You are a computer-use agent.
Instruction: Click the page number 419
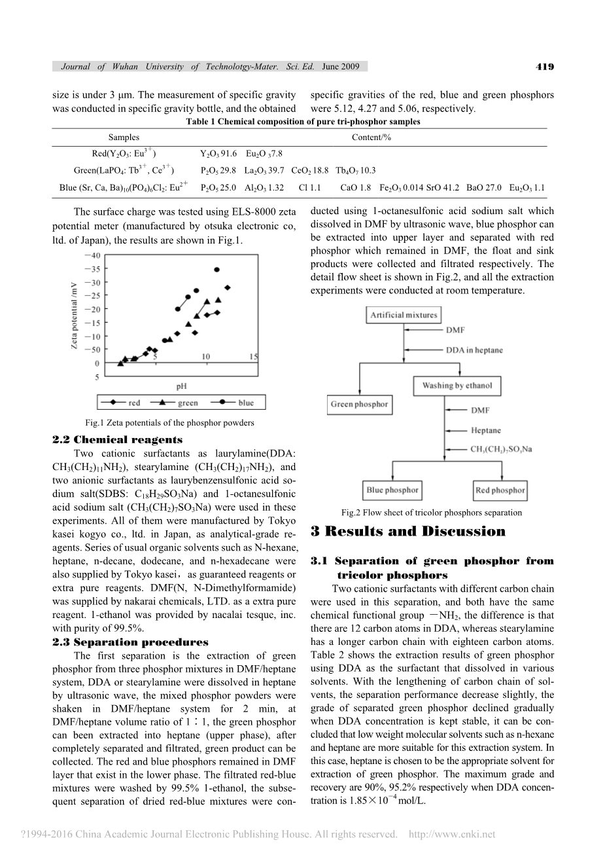click(544, 66)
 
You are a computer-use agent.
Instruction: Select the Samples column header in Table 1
click(124, 137)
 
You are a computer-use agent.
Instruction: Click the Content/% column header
click(371, 137)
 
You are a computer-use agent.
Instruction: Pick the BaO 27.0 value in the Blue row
click(484, 188)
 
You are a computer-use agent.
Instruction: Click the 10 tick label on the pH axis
click(205, 357)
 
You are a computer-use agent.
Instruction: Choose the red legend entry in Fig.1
click(125, 403)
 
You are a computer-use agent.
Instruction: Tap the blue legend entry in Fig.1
click(236, 403)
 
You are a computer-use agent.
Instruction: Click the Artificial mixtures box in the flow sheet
click(404, 315)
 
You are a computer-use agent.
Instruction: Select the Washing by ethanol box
click(457, 386)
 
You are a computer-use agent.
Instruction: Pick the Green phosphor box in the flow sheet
click(359, 405)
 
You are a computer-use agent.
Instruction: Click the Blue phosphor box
click(392, 490)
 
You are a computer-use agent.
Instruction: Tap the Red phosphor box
click(500, 490)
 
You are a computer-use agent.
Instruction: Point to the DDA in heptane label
click(474, 350)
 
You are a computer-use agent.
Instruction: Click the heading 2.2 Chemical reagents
click(117, 440)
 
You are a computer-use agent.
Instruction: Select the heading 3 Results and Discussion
click(408, 532)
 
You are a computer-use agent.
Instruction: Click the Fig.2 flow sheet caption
click(432, 513)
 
